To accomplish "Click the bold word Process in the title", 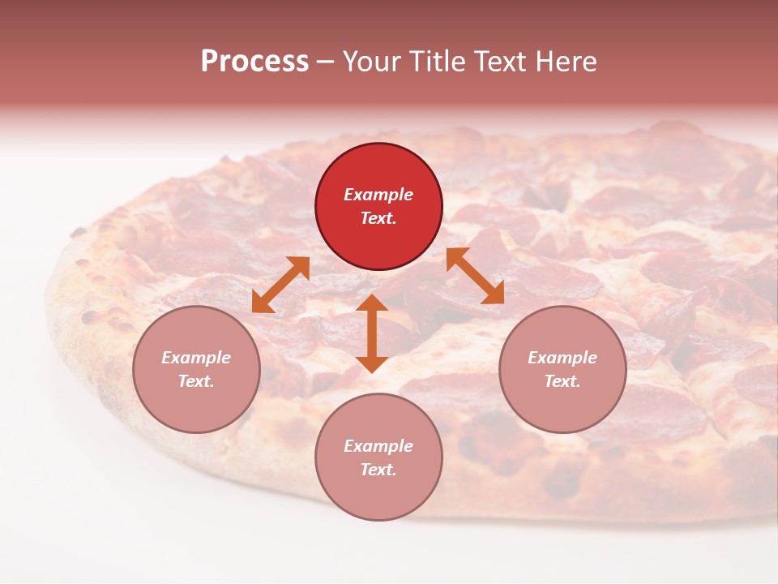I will click(x=254, y=62).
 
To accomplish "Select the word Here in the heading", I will click(x=566, y=62).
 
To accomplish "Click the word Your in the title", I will click(x=374, y=62).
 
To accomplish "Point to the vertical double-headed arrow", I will click(x=372, y=333).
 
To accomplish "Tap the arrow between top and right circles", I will click(x=475, y=276).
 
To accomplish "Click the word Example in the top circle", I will click(x=378, y=195).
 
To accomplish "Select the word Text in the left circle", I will click(x=196, y=381).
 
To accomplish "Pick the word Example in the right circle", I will click(x=562, y=358).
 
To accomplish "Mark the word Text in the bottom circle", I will click(x=378, y=470).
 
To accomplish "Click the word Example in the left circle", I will click(x=196, y=358).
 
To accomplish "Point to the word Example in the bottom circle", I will click(x=378, y=446).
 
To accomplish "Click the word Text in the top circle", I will click(x=378, y=218).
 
